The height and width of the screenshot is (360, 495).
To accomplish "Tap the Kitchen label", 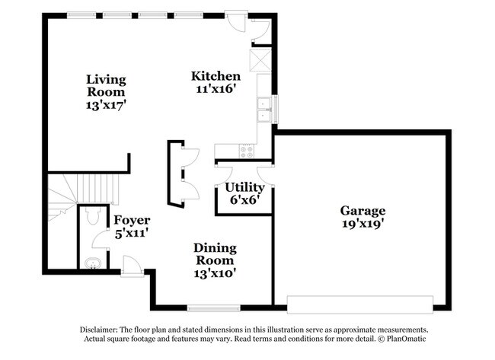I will (216, 76).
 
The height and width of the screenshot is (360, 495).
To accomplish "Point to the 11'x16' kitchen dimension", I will (216, 89).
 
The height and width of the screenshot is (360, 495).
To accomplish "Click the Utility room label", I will (244, 187).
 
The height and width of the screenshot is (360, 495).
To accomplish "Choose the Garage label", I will (362, 211).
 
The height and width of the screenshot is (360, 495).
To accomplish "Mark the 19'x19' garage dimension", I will (362, 224).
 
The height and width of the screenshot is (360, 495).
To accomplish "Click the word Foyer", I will (132, 221).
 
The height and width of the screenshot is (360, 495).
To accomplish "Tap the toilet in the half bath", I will (92, 217).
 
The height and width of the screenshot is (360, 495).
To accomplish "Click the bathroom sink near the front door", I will (91, 264).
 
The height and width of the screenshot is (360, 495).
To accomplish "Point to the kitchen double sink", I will (265, 109).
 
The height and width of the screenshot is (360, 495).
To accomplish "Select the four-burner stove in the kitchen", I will (247, 151).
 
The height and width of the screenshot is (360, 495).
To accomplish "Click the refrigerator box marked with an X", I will (261, 59).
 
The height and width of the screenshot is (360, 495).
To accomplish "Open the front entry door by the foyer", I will (132, 266).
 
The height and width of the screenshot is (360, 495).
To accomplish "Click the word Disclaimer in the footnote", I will (101, 330).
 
